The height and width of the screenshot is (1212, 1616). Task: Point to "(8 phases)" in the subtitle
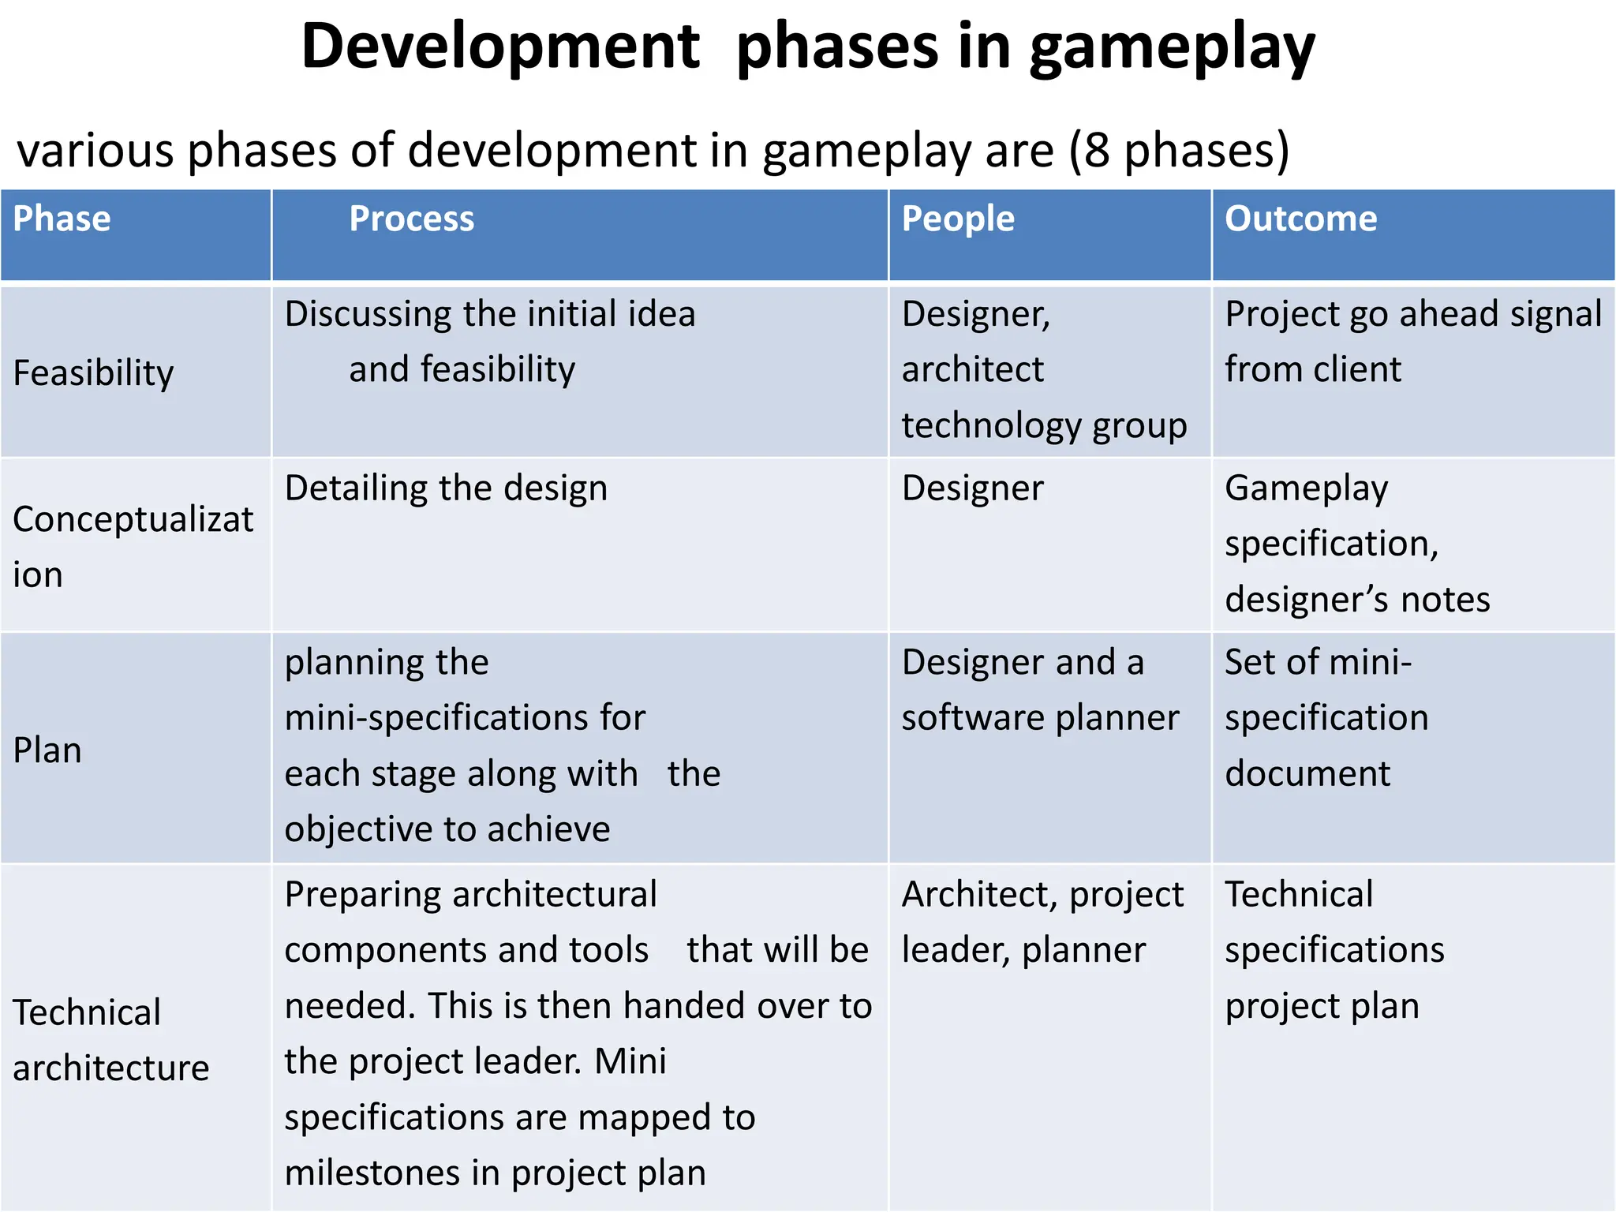pos(1179,150)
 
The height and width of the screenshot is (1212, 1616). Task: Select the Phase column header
pos(62,219)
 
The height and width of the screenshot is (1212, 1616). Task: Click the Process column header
pos(411,219)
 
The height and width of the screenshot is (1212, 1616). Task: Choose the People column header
pos(958,219)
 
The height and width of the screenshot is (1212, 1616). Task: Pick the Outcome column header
pos(1300,219)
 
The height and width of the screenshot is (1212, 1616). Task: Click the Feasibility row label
pos(93,372)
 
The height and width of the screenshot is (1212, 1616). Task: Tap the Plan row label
pos(47,750)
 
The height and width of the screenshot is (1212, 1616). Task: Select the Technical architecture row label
pos(110,1040)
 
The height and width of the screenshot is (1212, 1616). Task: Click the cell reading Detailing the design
pos(446,488)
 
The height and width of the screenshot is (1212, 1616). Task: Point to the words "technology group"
pos(1044,425)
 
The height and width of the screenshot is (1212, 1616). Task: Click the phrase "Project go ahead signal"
pos(1413,314)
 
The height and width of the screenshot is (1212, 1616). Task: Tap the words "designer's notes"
pos(1357,599)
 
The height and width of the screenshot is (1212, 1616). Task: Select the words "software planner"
pos(1040,718)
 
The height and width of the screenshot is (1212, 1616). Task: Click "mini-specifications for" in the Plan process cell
pos(465,718)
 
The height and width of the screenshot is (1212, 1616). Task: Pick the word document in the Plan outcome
pos(1307,773)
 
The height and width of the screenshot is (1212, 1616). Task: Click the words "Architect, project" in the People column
pos(1042,895)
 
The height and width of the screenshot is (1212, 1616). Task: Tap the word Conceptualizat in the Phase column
pos(133,519)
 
